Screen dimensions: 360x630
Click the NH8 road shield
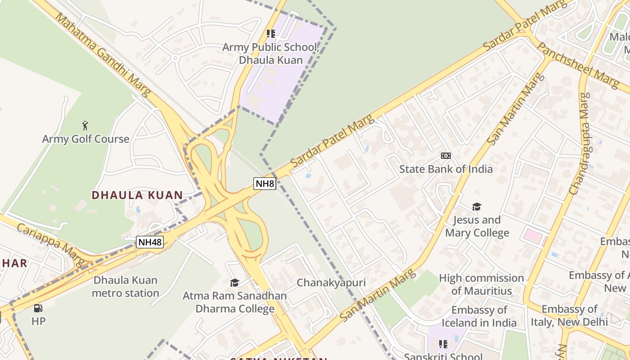(265, 183)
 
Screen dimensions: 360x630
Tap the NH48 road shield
(150, 242)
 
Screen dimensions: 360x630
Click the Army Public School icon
(270, 34)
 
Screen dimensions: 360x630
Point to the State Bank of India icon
(446, 156)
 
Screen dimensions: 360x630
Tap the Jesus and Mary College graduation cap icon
(477, 207)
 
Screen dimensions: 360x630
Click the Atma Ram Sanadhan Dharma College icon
(234, 283)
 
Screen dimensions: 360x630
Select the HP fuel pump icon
(38, 308)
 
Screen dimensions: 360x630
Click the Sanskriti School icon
(443, 344)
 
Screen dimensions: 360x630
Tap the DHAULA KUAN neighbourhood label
(137, 195)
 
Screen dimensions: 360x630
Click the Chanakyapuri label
(331, 283)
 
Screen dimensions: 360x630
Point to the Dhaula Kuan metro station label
(126, 287)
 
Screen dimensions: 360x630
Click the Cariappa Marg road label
(51, 244)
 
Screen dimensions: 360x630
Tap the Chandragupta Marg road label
(579, 144)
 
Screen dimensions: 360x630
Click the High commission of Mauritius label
(481, 284)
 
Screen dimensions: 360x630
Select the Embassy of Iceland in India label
(479, 316)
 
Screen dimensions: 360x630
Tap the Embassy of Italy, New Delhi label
(569, 315)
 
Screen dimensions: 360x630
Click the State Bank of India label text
(446, 169)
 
